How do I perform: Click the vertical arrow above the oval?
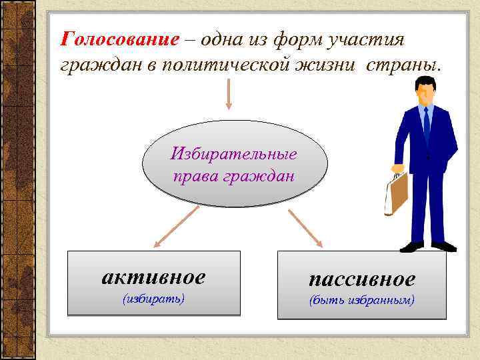click(229, 93)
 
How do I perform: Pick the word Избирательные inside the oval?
click(234, 154)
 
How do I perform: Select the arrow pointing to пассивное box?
click(305, 227)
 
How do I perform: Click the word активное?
click(153, 276)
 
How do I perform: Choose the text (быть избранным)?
click(361, 300)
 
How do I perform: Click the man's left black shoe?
click(411, 247)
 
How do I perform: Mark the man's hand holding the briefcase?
click(398, 169)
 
